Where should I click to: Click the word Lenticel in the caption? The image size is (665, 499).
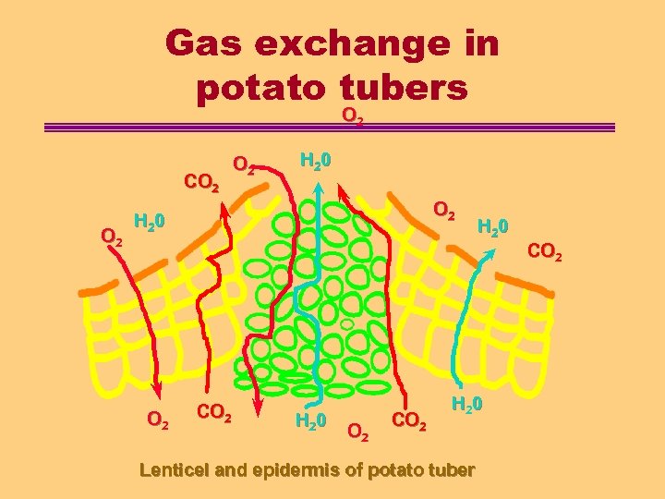coord(174,469)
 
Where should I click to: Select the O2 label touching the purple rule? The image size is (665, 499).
coord(353,117)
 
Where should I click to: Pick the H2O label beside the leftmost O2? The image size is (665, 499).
coord(150,222)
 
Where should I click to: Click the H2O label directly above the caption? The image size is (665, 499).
coord(466,406)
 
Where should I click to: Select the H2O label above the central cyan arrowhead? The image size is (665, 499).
coord(316,159)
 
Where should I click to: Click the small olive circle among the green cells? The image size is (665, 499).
coord(346,324)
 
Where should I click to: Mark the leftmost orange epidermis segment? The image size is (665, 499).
coord(96,290)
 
